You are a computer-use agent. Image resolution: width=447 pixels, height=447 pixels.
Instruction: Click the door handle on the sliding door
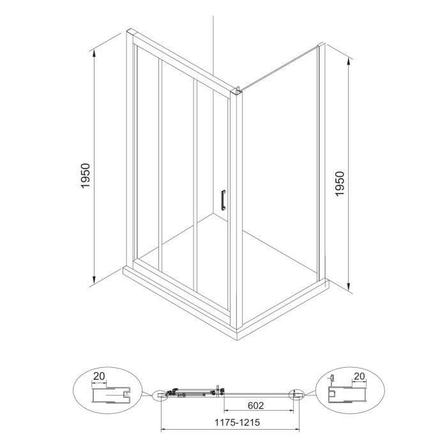tap(223, 200)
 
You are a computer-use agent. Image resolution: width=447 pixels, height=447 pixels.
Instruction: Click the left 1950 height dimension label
tap(85, 176)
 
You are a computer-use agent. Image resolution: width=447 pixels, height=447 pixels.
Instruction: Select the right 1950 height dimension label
tap(340, 184)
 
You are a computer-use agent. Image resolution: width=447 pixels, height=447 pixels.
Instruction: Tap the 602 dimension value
tap(255, 405)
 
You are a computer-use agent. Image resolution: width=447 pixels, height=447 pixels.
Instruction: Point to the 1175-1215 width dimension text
tap(237, 422)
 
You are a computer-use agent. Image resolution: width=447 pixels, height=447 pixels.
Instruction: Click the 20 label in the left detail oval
tap(99, 376)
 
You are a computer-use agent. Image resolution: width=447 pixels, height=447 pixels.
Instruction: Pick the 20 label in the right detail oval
tap(359, 376)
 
